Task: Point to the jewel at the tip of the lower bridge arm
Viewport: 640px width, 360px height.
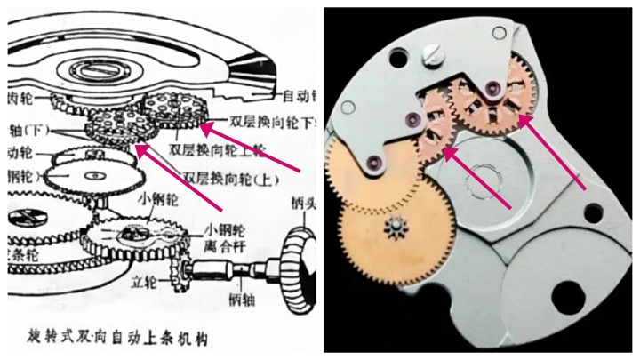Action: [x=369, y=161]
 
